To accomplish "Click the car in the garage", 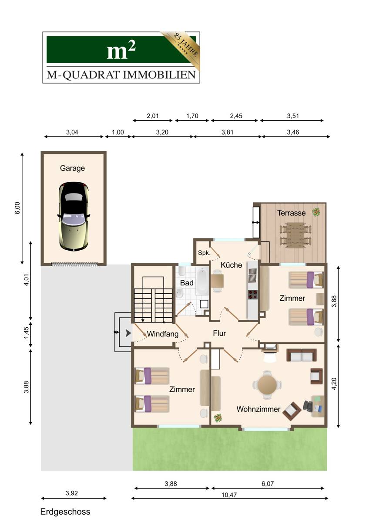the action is [x=74, y=217].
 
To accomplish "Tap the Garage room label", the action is [x=72, y=168].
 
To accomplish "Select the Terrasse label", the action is [x=291, y=213].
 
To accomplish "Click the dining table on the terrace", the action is [x=295, y=234].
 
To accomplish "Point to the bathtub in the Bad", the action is [x=202, y=282].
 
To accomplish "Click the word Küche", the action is [x=231, y=265].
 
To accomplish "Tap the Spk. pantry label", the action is [x=204, y=253].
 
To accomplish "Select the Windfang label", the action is [x=162, y=334].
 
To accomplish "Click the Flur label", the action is [x=219, y=333].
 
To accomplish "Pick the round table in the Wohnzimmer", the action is [x=267, y=384].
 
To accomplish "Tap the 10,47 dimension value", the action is [x=229, y=495].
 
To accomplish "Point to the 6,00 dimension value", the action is [x=17, y=208].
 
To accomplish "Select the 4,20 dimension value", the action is [x=334, y=384].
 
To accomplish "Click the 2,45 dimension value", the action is [x=236, y=116].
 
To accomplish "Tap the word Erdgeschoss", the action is [x=65, y=512].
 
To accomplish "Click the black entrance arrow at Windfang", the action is [x=128, y=333].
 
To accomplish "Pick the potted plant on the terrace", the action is [x=316, y=212].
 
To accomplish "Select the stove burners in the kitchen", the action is [x=253, y=294].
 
